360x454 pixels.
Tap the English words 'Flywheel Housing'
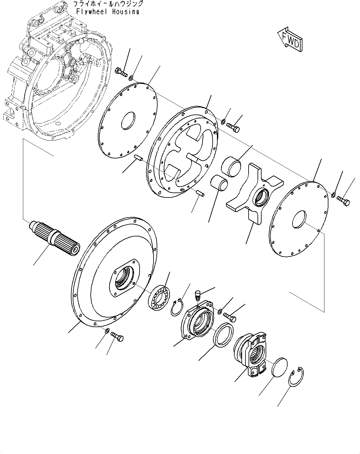[x=107, y=12]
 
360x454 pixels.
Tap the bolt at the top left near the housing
[x=121, y=73]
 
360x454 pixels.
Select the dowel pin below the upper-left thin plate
[x=138, y=159]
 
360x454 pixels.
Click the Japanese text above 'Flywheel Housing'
[x=107, y=4]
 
